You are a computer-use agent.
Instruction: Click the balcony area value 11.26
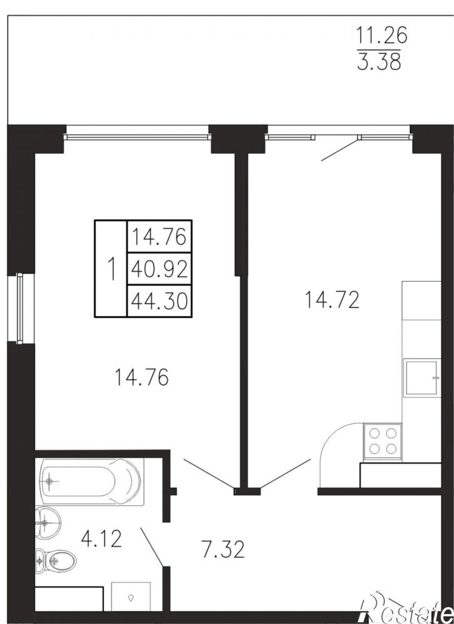pyautogui.click(x=381, y=36)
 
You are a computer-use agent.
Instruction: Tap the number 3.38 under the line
pyautogui.click(x=379, y=62)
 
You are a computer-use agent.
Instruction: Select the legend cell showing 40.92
pyautogui.click(x=159, y=269)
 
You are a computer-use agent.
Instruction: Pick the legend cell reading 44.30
pyautogui.click(x=159, y=301)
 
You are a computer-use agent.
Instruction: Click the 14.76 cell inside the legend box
pyautogui.click(x=159, y=237)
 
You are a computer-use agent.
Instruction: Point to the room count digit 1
pyautogui.click(x=112, y=269)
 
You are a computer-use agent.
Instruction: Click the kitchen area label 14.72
pyautogui.click(x=332, y=300)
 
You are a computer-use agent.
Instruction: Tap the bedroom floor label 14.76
pyautogui.click(x=142, y=377)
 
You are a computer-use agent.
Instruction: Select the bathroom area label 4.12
pyautogui.click(x=101, y=540)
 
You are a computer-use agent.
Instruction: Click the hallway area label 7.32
pyautogui.click(x=223, y=550)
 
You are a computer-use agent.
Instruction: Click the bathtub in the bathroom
pyautogui.click(x=90, y=482)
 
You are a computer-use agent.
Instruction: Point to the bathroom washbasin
pyautogui.click(x=48, y=522)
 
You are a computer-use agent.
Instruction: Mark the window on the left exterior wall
pyautogui.click(x=20, y=308)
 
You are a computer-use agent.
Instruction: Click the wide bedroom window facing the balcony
pyautogui.click(x=137, y=137)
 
